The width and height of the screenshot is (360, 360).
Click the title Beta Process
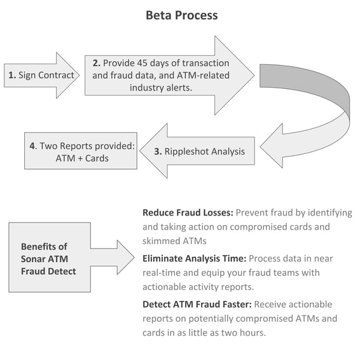[x=182, y=16]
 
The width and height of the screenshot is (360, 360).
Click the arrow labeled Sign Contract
[x=41, y=75]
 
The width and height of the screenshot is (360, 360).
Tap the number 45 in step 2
[x=142, y=63]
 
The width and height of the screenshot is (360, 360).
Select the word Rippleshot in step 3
[x=186, y=151]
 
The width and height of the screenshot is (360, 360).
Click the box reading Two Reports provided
[x=81, y=151]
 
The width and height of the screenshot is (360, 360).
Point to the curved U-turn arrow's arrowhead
[x=272, y=146]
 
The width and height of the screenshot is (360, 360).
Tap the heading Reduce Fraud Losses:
[x=188, y=212]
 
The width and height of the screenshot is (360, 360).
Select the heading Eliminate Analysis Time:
[x=195, y=258]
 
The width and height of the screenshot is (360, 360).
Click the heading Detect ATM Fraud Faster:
[x=197, y=305]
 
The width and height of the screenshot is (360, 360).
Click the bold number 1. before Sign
[x=12, y=75]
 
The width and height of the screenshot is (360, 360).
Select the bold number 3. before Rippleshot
[x=158, y=151]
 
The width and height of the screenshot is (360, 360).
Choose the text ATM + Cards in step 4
[x=82, y=158]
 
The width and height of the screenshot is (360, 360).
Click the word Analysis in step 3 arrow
[x=228, y=151]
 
